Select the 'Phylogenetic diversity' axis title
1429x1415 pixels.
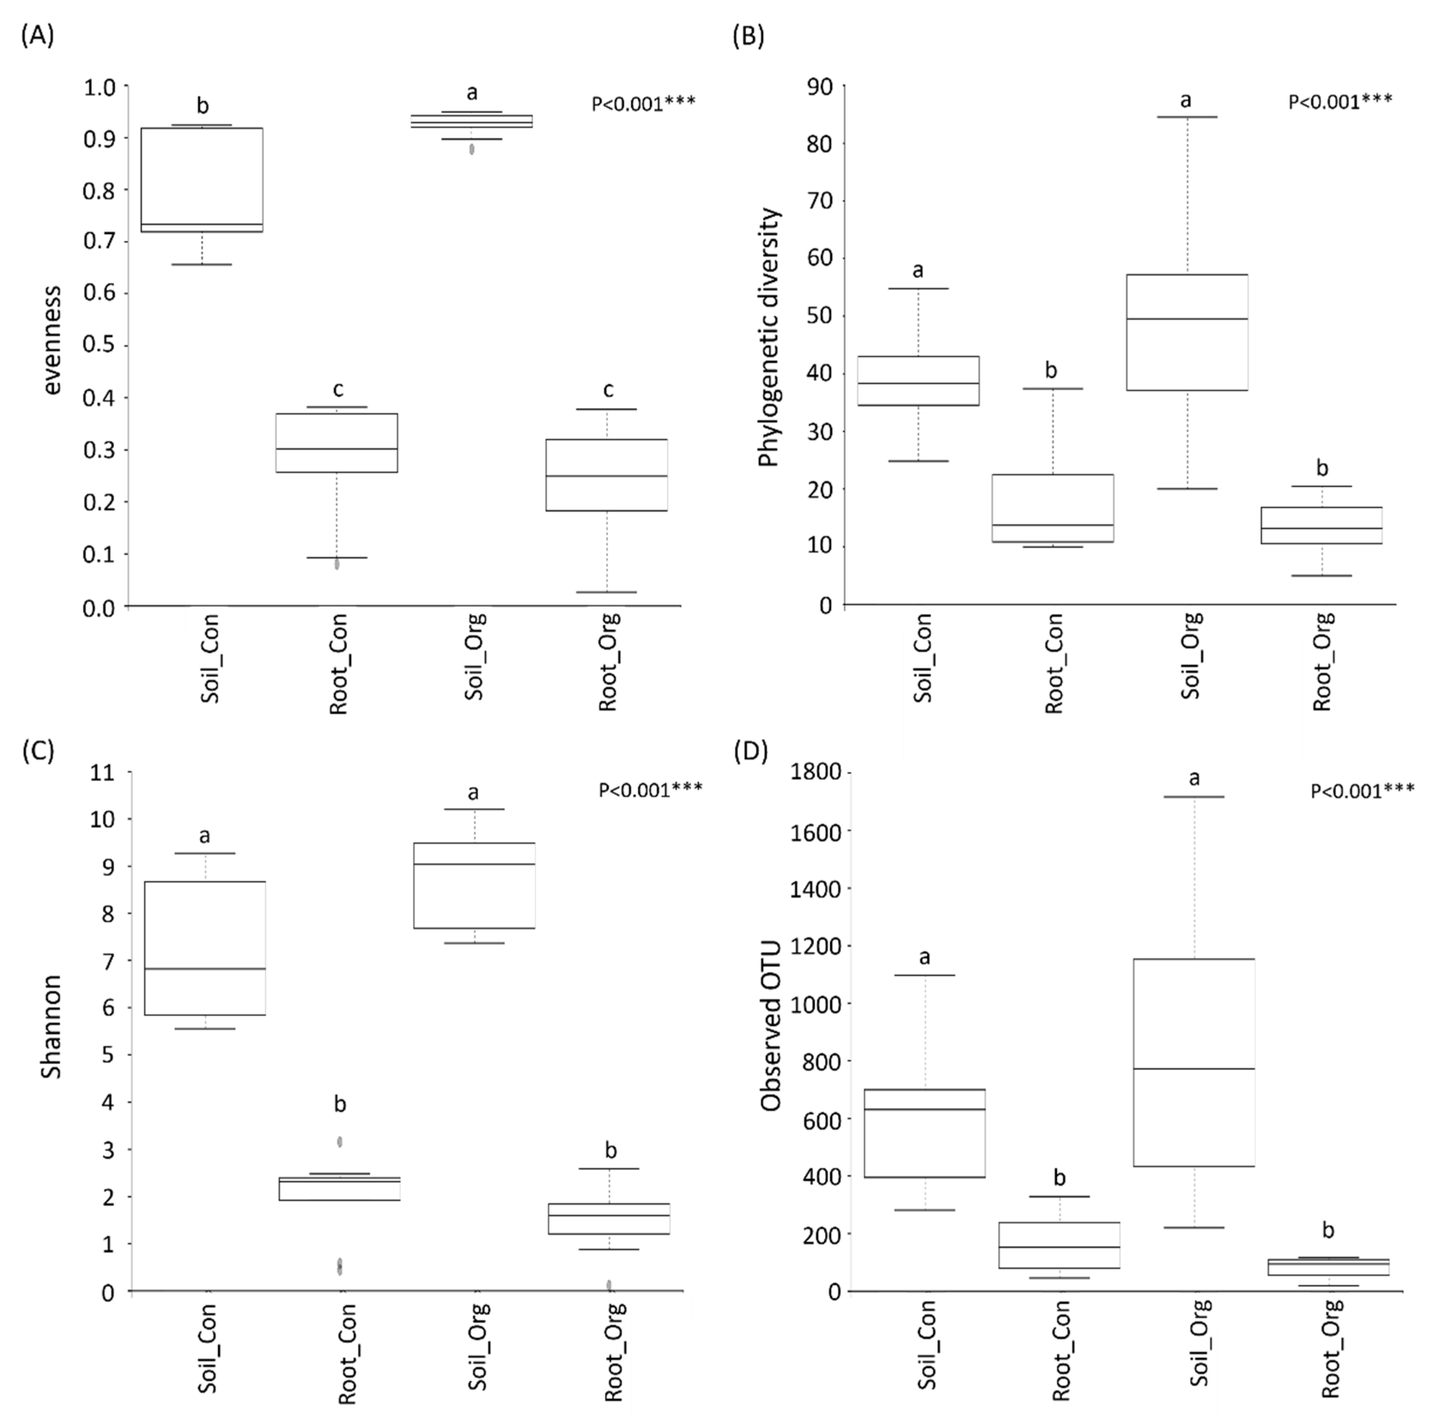click(769, 337)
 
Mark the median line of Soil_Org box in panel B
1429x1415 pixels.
click(1187, 319)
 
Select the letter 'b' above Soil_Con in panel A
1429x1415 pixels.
click(203, 106)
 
